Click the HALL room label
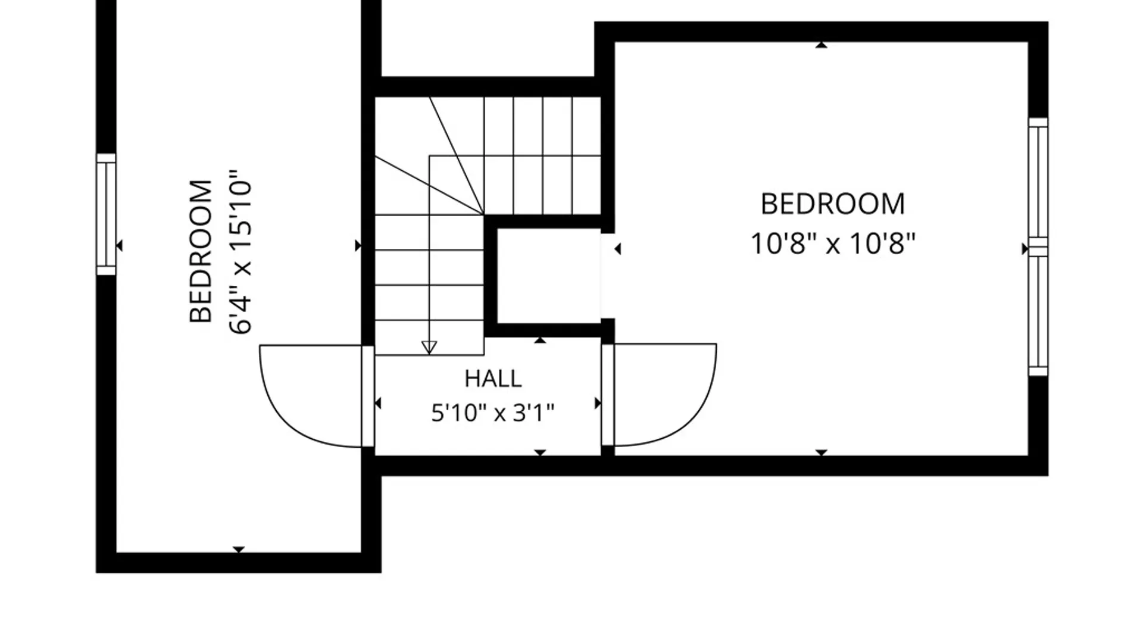(493, 379)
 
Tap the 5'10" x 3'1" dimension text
(493, 413)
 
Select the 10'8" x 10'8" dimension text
(832, 244)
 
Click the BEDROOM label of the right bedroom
(833, 204)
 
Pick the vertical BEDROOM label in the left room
(201, 251)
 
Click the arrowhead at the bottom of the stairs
(429, 347)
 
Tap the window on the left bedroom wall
(107, 214)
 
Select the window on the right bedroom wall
(1038, 246)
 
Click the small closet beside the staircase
(548, 276)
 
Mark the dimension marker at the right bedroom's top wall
(822, 45)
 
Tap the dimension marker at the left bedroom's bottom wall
(239, 550)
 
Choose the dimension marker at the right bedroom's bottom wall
(822, 453)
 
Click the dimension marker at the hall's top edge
(540, 340)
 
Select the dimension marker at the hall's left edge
(378, 404)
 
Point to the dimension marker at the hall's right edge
(598, 404)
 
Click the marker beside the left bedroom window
(120, 245)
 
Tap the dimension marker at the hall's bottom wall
(540, 453)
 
